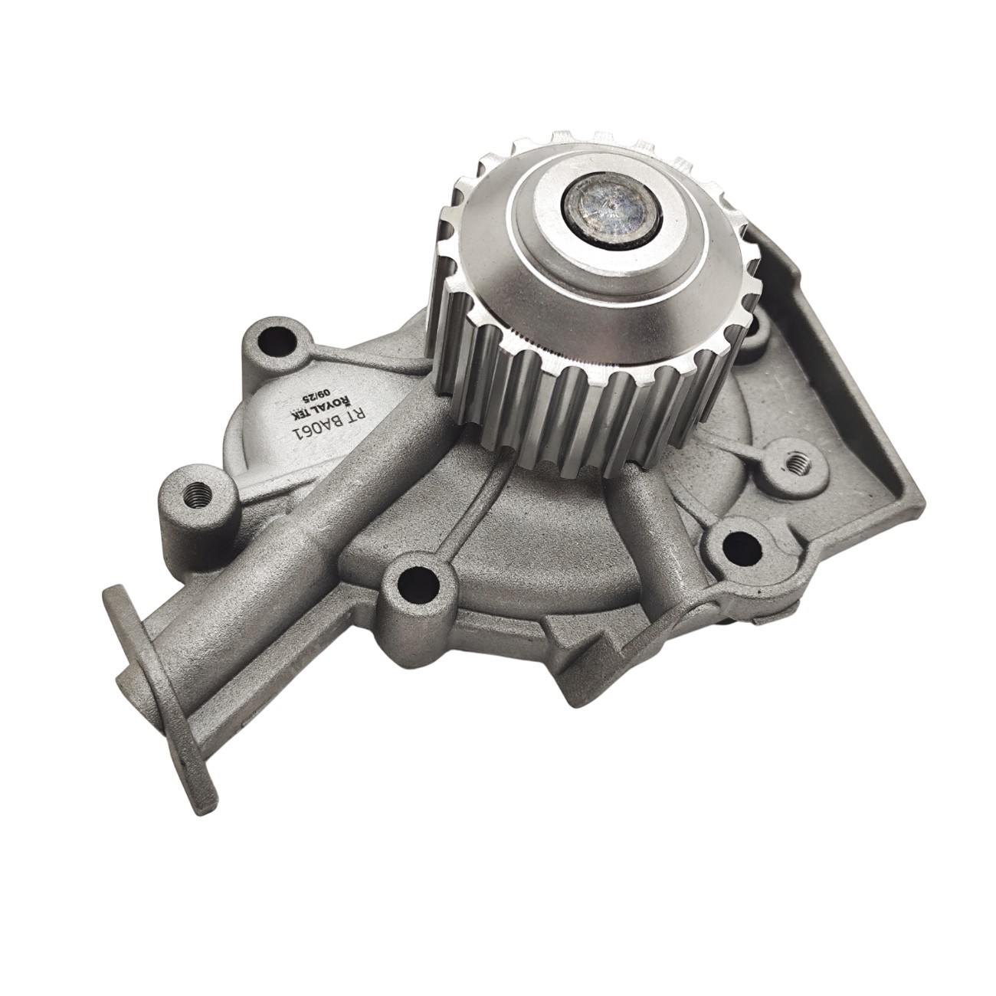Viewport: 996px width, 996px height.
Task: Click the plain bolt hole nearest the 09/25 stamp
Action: point(274,341)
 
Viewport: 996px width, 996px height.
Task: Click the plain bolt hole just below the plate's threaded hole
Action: point(733,545)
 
